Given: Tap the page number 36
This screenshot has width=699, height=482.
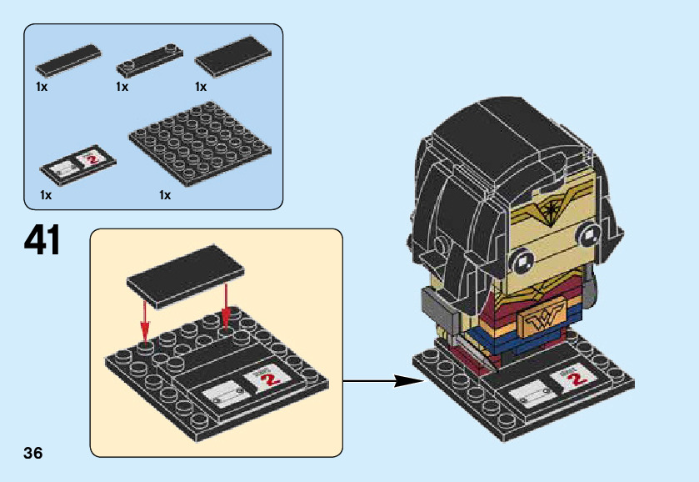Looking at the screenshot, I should coord(33,454).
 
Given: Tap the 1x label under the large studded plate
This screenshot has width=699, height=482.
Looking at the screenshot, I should coord(165,195).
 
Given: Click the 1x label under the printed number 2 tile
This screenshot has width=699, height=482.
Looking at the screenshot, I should coord(45,195).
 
